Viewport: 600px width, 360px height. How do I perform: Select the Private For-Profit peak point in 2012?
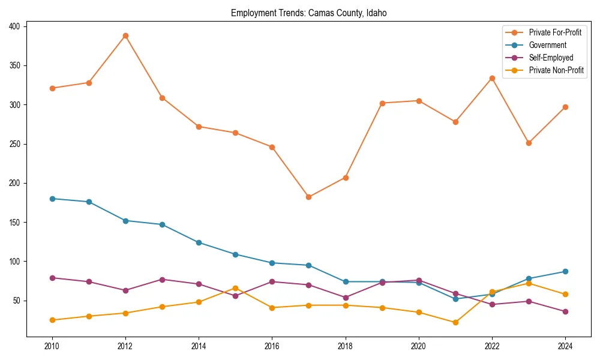pyautogui.click(x=125, y=35)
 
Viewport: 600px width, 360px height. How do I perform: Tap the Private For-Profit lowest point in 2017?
pyautogui.click(x=308, y=197)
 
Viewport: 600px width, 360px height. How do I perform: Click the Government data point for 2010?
pyautogui.click(x=52, y=199)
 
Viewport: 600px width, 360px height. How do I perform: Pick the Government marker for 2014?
pyautogui.click(x=199, y=242)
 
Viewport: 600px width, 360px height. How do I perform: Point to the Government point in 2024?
pyautogui.click(x=565, y=271)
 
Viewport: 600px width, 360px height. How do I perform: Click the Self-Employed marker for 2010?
pyautogui.click(x=52, y=278)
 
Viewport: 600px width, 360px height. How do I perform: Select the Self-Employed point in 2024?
pyautogui.click(x=565, y=311)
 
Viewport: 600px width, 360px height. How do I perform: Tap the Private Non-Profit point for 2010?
pyautogui.click(x=52, y=320)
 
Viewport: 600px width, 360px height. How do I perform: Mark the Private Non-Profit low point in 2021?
pyautogui.click(x=455, y=322)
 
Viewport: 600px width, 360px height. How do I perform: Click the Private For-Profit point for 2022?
pyautogui.click(x=492, y=78)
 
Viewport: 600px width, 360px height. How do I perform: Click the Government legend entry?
pyautogui.click(x=547, y=45)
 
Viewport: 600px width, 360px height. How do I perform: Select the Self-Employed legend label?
pyautogui.click(x=551, y=58)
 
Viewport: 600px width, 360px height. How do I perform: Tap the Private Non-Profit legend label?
pyautogui.click(x=556, y=70)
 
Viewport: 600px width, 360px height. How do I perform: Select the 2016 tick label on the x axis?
pyautogui.click(x=272, y=346)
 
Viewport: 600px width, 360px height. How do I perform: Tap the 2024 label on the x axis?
pyautogui.click(x=565, y=346)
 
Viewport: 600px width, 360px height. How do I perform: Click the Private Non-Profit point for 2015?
pyautogui.click(x=235, y=288)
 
